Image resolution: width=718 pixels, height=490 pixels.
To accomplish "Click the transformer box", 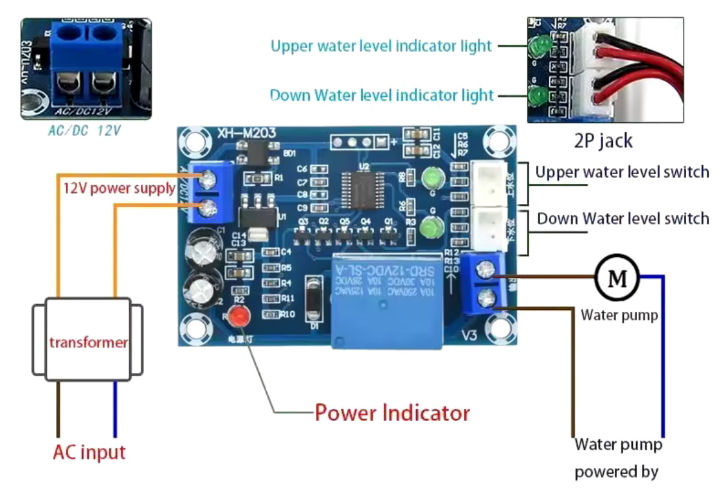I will (x=88, y=341).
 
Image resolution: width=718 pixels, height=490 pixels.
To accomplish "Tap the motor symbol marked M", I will (x=617, y=278).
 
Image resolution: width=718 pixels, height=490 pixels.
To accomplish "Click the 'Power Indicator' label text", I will (x=392, y=412).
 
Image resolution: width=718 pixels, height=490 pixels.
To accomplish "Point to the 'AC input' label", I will (x=90, y=452).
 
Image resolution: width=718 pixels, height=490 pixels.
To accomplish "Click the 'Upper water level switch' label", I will (x=622, y=173).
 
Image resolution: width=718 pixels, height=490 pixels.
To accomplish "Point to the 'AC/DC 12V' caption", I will (x=85, y=130).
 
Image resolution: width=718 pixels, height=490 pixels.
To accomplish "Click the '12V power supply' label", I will (x=119, y=188).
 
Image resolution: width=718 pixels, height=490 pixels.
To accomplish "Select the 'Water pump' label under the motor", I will (x=619, y=316).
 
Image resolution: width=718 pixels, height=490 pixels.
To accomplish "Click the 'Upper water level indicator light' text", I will (x=382, y=46).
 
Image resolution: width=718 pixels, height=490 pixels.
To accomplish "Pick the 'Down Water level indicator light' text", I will (x=382, y=96).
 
